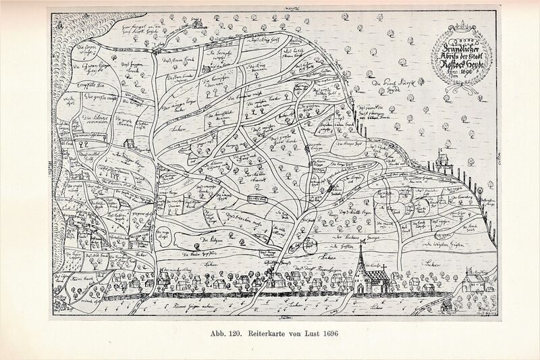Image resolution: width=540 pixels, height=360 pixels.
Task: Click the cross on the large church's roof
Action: click(x=385, y=268)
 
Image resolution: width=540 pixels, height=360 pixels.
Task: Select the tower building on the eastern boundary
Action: click(x=441, y=159)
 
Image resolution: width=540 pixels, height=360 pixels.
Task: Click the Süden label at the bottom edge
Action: click(x=277, y=315)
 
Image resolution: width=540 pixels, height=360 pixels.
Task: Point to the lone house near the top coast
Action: click(x=196, y=24)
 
